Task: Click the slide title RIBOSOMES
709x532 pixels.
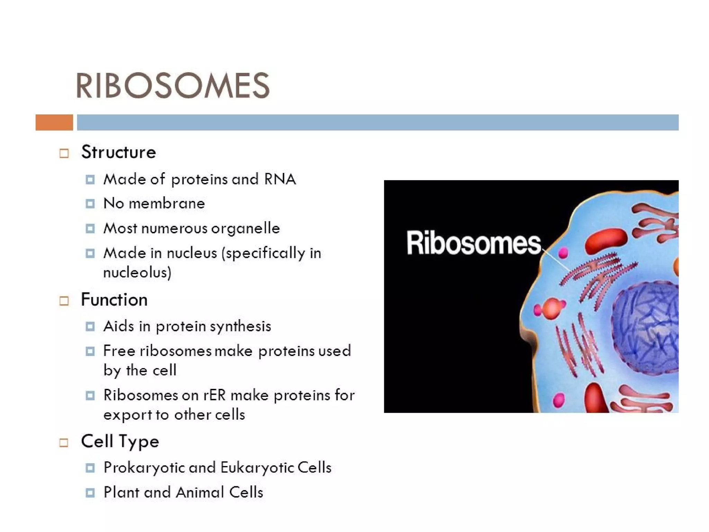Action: click(172, 85)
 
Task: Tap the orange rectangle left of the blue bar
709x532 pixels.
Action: click(54, 122)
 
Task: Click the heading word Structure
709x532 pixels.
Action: click(118, 152)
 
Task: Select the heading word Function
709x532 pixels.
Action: click(114, 300)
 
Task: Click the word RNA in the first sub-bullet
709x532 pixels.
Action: click(280, 179)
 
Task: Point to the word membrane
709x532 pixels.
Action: click(167, 203)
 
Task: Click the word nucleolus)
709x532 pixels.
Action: click(137, 272)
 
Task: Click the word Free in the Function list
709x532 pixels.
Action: click(119, 351)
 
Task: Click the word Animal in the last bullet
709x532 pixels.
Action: click(200, 492)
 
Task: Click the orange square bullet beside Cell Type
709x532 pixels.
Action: click(64, 443)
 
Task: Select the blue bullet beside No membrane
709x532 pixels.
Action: click(90, 203)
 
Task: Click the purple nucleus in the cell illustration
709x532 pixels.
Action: click(646, 328)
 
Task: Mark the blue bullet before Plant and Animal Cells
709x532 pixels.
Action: click(90, 492)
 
